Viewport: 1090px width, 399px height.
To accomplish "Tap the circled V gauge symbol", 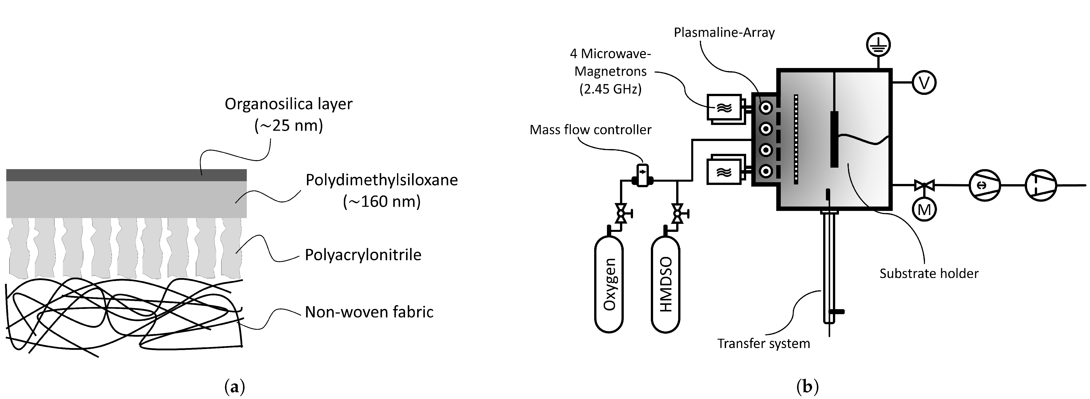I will [x=924, y=83].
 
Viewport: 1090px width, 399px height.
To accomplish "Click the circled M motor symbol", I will [x=924, y=209].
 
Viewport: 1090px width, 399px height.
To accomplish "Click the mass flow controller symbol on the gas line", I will [x=642, y=175].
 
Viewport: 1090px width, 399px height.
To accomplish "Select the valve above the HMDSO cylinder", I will [x=677, y=213].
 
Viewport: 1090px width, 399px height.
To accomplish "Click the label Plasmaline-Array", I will [x=724, y=33].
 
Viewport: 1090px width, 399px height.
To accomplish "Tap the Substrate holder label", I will [x=929, y=274].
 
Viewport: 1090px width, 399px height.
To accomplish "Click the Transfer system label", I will [x=763, y=343].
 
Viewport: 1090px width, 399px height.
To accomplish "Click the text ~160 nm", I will [x=382, y=202].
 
